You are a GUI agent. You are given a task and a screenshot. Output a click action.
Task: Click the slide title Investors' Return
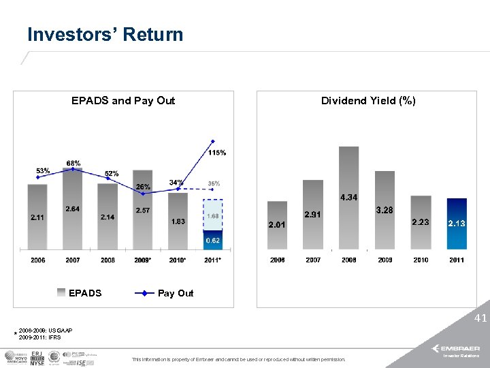click(x=105, y=35)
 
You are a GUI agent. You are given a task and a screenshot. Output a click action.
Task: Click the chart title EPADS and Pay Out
click(x=123, y=101)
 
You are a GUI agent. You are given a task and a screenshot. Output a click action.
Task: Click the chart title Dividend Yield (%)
click(x=368, y=101)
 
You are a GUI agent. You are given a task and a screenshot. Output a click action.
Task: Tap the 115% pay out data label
click(x=217, y=152)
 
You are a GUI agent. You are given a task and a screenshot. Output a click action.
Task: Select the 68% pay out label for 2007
click(x=73, y=163)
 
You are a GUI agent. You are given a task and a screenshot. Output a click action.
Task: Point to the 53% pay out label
click(x=42, y=170)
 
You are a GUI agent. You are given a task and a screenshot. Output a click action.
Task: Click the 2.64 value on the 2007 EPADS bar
click(x=73, y=209)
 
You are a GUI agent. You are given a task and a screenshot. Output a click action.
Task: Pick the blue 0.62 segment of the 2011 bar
click(x=213, y=241)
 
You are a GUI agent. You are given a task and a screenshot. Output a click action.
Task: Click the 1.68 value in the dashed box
click(x=213, y=216)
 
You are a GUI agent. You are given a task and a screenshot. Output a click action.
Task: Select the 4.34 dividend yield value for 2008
click(x=348, y=198)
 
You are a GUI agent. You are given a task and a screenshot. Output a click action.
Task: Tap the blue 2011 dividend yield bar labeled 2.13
click(x=457, y=224)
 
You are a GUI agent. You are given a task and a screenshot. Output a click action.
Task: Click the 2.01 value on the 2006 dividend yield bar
click(x=277, y=224)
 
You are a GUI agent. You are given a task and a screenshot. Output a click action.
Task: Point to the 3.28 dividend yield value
click(x=385, y=210)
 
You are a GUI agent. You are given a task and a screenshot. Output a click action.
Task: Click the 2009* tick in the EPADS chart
click(x=143, y=260)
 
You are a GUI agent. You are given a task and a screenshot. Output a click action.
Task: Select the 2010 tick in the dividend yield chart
click(x=421, y=260)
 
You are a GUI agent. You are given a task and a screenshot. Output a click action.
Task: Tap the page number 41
click(x=480, y=318)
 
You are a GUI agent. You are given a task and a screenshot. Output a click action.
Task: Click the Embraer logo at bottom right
click(x=460, y=348)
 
